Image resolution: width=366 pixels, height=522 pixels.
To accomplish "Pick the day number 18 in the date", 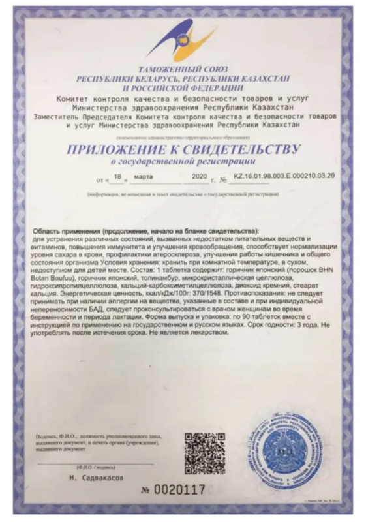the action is point(118,177).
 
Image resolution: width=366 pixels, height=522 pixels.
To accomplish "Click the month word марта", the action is point(144,177).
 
